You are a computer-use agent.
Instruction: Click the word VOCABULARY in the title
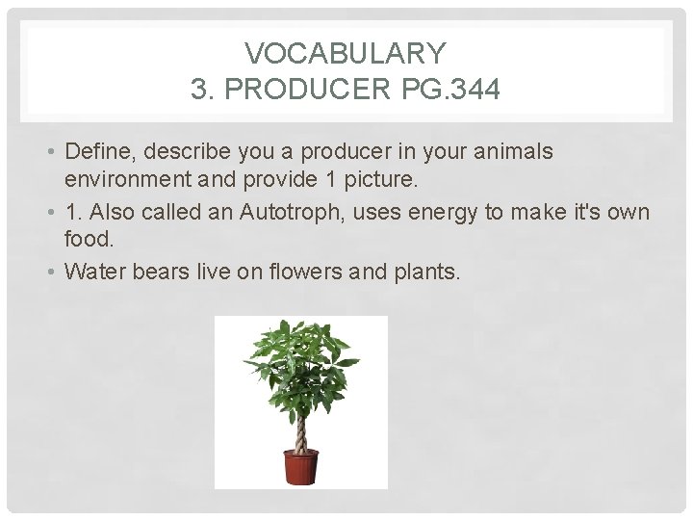click(346, 52)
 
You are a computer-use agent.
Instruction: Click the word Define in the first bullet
click(92, 151)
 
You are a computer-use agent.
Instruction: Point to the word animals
click(518, 151)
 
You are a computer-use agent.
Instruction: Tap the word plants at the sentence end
click(426, 273)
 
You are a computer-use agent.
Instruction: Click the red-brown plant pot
click(299, 468)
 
